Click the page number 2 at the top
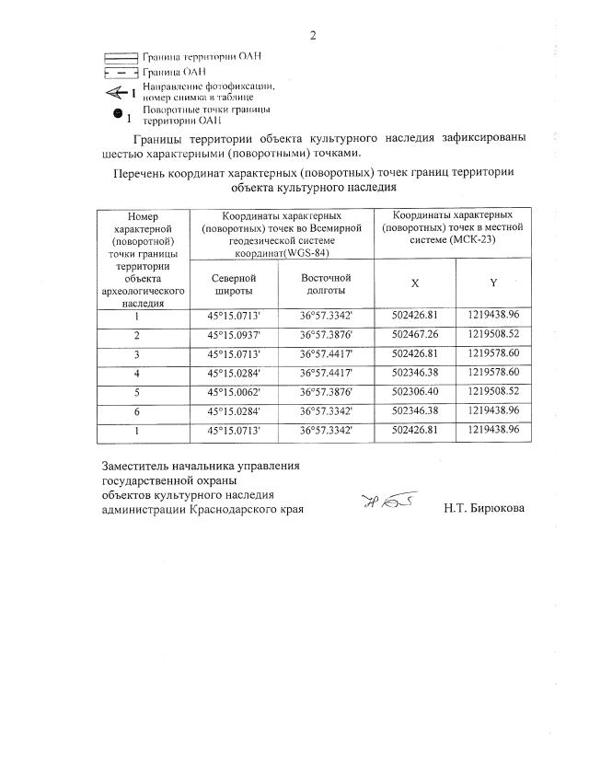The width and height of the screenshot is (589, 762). (313, 36)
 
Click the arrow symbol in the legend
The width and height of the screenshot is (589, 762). (117, 92)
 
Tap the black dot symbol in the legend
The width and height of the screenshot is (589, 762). (118, 114)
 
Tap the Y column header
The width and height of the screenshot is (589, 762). (493, 283)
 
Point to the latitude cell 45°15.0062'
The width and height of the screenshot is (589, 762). (234, 391)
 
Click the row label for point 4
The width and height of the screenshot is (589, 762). (137, 372)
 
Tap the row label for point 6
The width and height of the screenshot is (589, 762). (137, 410)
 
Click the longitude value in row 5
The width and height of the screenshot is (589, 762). (327, 391)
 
